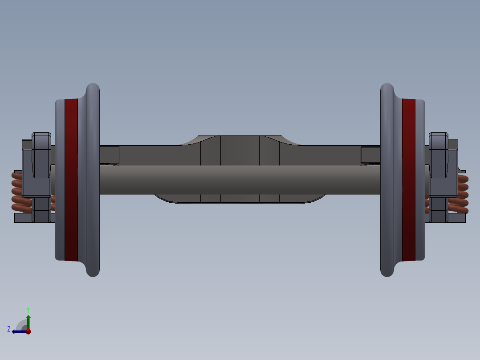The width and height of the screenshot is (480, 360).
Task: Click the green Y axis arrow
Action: tap(28, 320)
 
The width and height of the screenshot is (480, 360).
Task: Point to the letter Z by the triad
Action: tap(9, 329)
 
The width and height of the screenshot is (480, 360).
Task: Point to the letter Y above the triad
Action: tap(28, 309)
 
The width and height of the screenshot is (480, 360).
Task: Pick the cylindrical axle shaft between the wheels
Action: tap(240, 180)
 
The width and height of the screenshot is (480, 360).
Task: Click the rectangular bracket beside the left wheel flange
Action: tap(109, 154)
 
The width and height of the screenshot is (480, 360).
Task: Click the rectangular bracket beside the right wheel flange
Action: tap(370, 154)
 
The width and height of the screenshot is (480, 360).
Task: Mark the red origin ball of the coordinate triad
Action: tap(28, 331)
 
